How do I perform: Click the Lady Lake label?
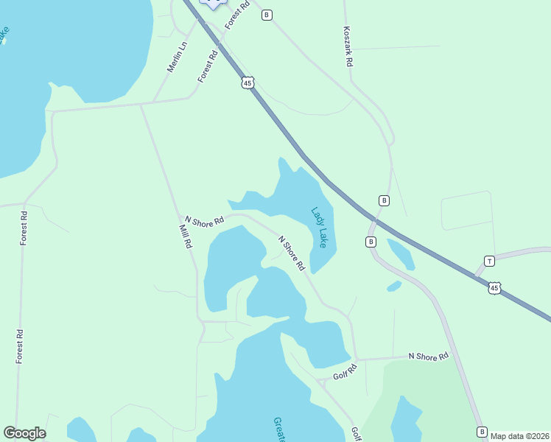click(x=318, y=226)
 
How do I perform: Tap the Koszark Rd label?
click(x=348, y=48)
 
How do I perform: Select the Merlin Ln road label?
click(x=177, y=56)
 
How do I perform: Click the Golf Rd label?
click(x=344, y=373)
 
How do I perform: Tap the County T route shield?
click(x=489, y=261)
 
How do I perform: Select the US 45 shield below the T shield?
click(x=495, y=288)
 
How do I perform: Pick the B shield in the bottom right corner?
click(x=482, y=432)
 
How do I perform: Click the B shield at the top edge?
click(x=267, y=15)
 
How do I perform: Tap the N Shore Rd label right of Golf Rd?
click(x=428, y=357)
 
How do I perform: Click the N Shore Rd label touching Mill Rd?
click(x=204, y=220)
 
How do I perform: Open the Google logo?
click(x=24, y=433)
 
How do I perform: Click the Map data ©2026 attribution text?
click(x=519, y=436)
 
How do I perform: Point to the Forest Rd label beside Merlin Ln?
click(x=208, y=66)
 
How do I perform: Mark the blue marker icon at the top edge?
click(x=214, y=3)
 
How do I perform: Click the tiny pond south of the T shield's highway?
click(x=394, y=286)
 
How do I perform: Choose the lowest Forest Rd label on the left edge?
click(x=21, y=345)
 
